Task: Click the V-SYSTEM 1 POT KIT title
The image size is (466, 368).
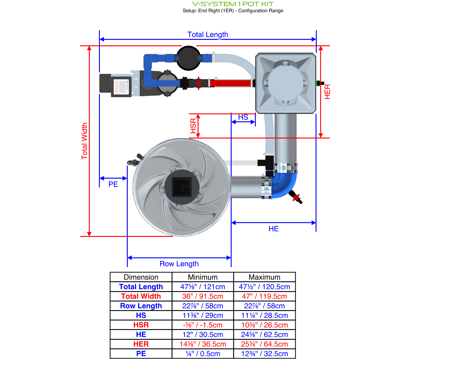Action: [x=233, y=4]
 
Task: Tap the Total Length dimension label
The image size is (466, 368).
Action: [x=208, y=35]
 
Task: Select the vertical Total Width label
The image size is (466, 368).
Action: [x=85, y=141]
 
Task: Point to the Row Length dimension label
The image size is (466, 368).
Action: [x=179, y=264]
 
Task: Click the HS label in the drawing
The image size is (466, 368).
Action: [x=243, y=117]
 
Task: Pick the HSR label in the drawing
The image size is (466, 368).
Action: [x=193, y=126]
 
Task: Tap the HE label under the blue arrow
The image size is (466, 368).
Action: [x=273, y=229]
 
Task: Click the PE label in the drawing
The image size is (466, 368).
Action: [x=113, y=184]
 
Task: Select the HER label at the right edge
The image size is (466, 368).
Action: [x=327, y=92]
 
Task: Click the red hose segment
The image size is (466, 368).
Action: [x=230, y=83]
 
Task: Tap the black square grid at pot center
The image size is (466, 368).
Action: [x=182, y=187]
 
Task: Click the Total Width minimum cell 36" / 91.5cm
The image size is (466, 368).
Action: [x=203, y=296]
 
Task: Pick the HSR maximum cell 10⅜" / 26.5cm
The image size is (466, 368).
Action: [x=264, y=325]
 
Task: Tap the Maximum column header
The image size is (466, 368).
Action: [x=264, y=277]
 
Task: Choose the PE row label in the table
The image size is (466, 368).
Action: [x=141, y=354]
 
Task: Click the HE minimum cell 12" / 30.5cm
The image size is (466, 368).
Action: [x=203, y=335]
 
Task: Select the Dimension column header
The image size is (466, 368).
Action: [x=141, y=277]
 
